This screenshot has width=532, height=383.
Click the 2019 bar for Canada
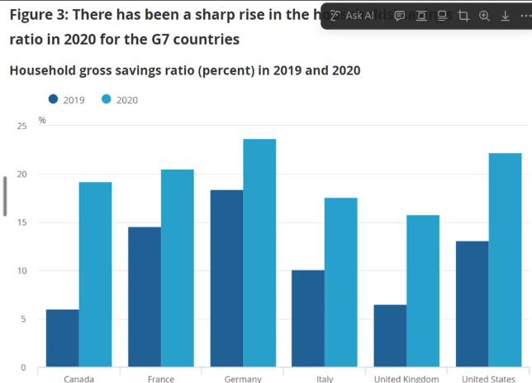pyautogui.click(x=63, y=338)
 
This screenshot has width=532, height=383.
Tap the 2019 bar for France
pyautogui.click(x=145, y=297)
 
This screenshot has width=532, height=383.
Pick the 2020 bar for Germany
pyautogui.click(x=259, y=253)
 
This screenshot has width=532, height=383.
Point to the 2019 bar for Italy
pyautogui.click(x=308, y=318)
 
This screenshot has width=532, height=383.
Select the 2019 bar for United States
pyautogui.click(x=472, y=304)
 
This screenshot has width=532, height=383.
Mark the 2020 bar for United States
pyautogui.click(x=505, y=260)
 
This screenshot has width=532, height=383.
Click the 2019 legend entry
pyautogui.click(x=67, y=100)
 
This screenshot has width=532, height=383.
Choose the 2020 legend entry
pyautogui.click(x=120, y=100)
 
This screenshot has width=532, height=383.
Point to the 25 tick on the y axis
pyautogui.click(x=21, y=126)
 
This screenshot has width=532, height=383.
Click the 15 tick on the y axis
pyautogui.click(x=21, y=223)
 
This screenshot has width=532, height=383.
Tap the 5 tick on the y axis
pyautogui.click(x=23, y=319)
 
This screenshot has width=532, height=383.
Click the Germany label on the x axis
pyautogui.click(x=243, y=379)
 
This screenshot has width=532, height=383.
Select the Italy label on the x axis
pyautogui.click(x=324, y=379)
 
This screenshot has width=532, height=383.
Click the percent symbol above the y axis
pyautogui.click(x=42, y=121)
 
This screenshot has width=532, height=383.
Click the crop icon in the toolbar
pyautogui.click(x=463, y=16)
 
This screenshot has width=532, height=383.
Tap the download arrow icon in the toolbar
pyautogui.click(x=506, y=16)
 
